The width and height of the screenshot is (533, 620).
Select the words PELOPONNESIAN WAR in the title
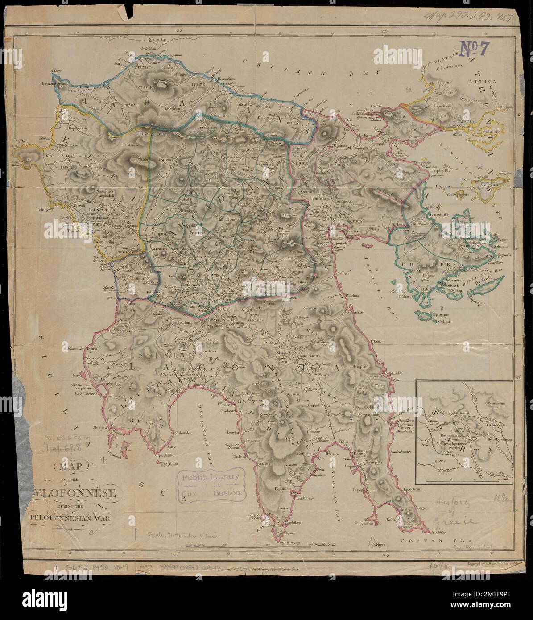[71, 518]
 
